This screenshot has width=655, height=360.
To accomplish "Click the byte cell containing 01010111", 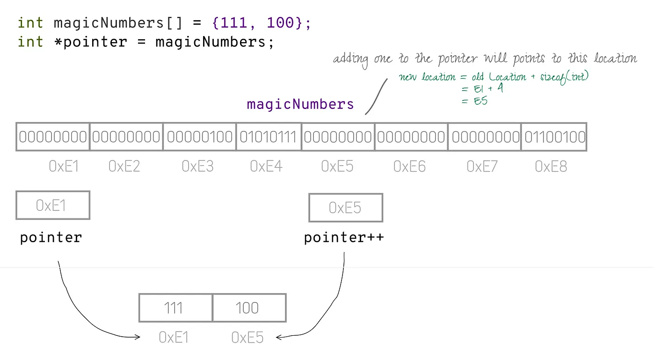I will click(x=268, y=137).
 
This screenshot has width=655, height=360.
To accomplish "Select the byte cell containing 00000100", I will click(x=200, y=137).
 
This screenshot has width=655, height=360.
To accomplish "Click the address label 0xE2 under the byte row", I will click(x=124, y=166).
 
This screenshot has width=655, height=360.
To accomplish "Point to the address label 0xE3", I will click(x=197, y=166).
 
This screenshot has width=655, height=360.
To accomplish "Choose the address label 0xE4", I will click(x=266, y=166).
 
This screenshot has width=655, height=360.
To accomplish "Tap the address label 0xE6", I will click(x=409, y=166).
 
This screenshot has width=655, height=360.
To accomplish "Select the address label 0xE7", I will click(x=482, y=166).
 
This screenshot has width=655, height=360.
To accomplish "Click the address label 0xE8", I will click(x=551, y=166).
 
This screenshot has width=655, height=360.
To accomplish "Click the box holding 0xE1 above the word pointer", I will click(x=52, y=205).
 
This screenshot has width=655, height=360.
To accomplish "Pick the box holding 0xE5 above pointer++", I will click(x=345, y=208).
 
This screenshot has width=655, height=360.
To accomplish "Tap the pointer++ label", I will click(x=344, y=238).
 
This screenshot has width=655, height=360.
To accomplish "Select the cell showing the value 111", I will click(x=175, y=308).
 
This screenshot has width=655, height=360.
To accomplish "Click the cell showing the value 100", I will click(x=249, y=308).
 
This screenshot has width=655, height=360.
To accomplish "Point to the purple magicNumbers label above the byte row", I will click(x=300, y=104).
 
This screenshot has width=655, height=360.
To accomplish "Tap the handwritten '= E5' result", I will click(x=474, y=100).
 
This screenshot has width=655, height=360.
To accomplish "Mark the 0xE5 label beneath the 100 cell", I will click(x=247, y=337).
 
